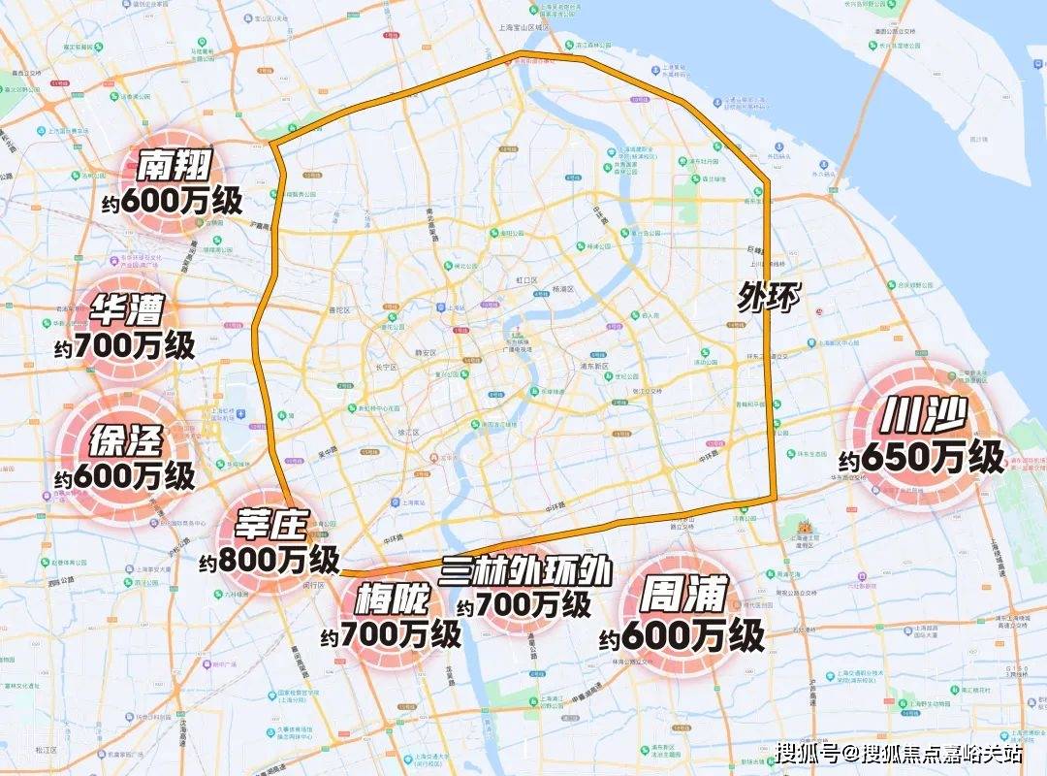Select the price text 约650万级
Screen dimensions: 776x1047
pos(921,458)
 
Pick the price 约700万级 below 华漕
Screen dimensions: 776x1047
pos(125,344)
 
